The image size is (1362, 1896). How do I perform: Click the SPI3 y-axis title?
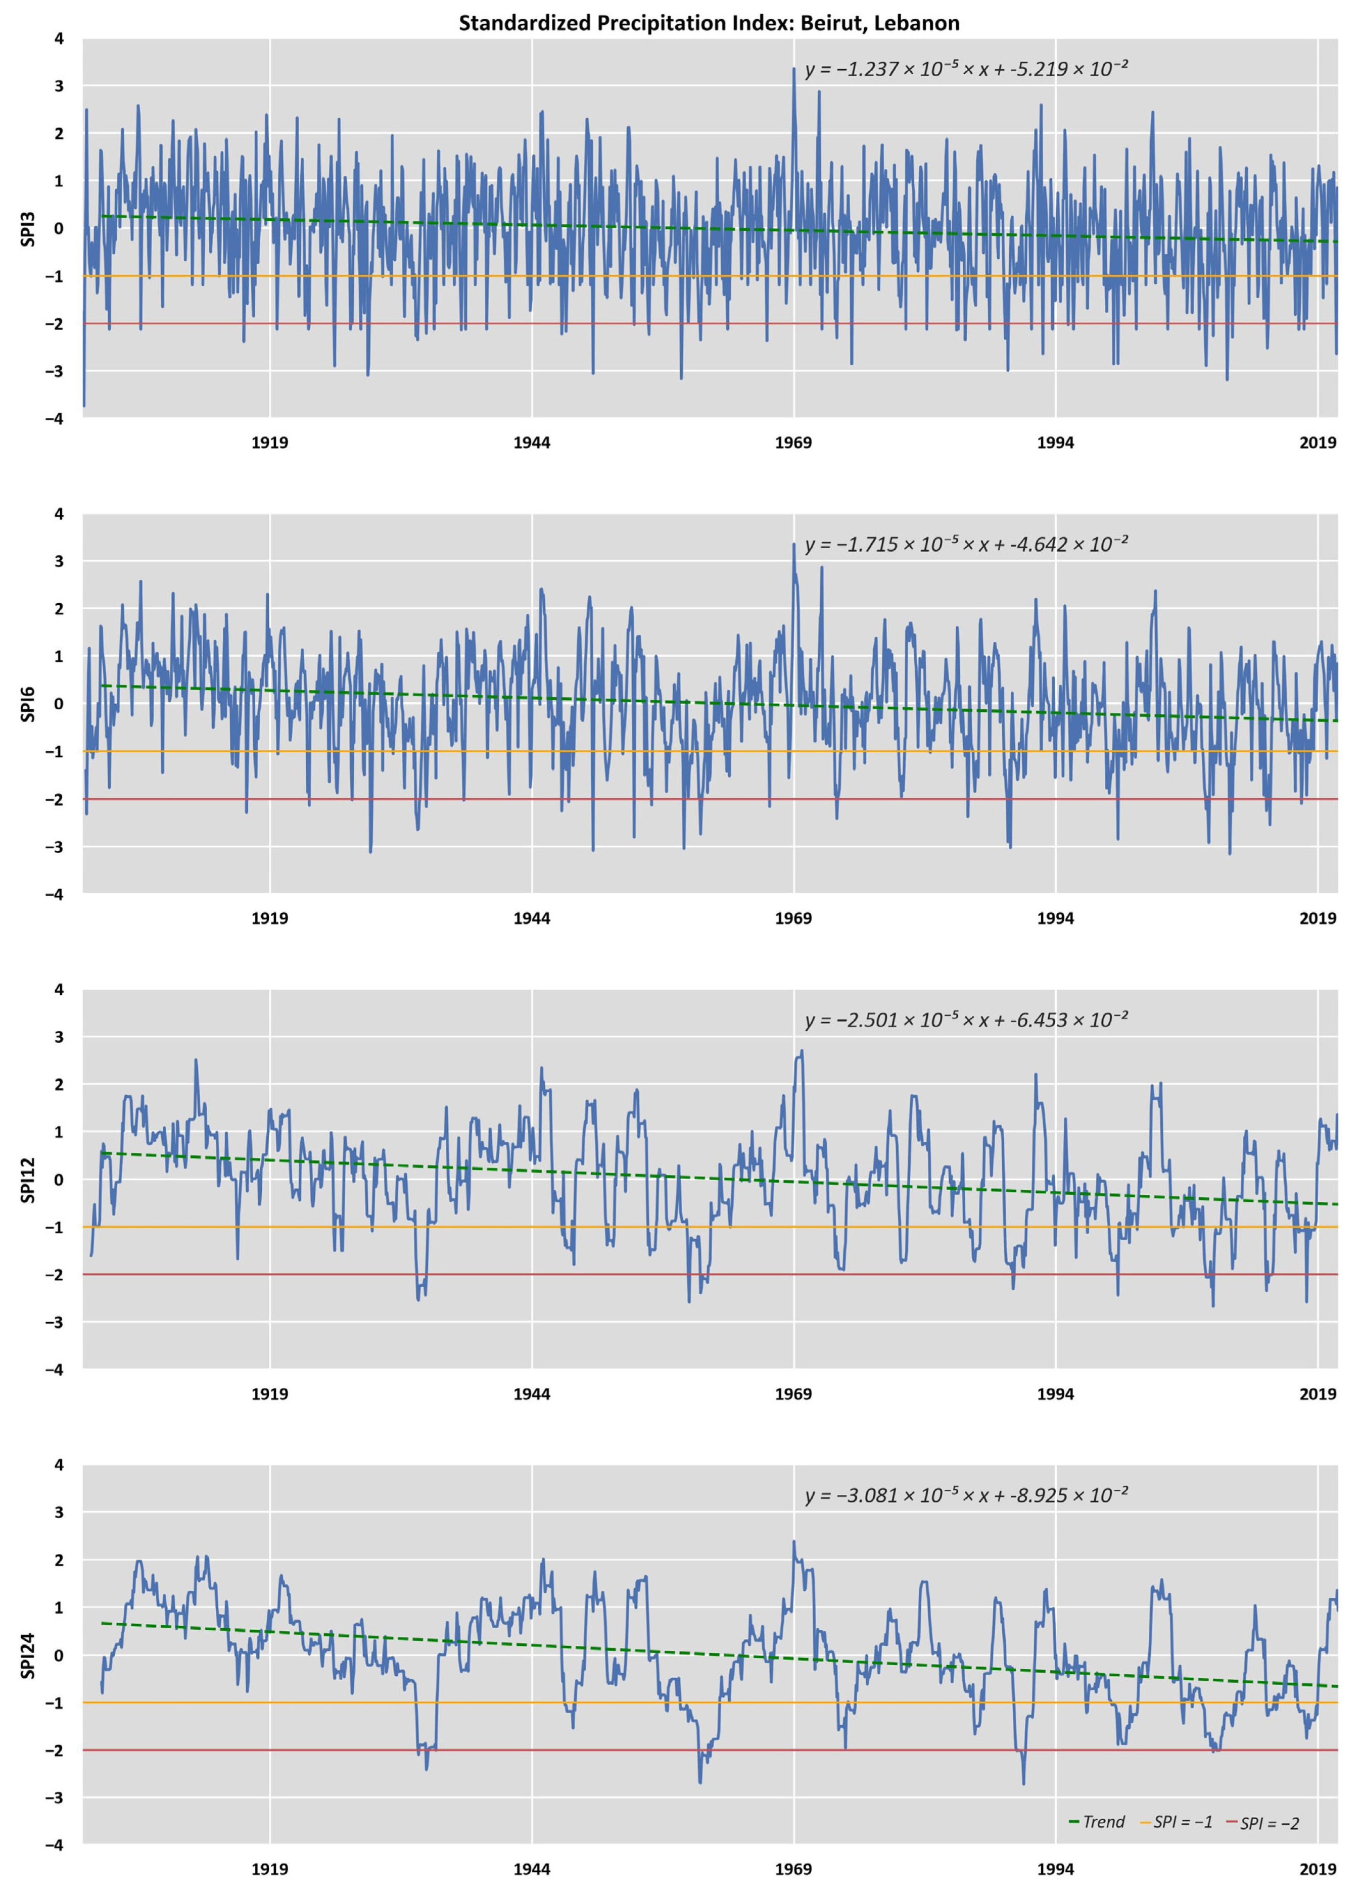tap(28, 229)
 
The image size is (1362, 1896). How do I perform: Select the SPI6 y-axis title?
tap(28, 704)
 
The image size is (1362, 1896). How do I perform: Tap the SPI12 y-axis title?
tap(28, 1180)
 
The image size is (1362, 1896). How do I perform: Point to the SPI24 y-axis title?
tap(28, 1655)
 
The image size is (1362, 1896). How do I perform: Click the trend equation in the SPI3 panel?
tap(966, 69)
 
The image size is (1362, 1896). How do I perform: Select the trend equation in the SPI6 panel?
tap(966, 544)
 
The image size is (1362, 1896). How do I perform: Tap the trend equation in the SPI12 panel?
tap(966, 1020)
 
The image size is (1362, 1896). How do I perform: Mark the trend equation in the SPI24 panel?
tap(966, 1495)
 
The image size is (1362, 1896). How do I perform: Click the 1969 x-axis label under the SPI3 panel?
tap(792, 443)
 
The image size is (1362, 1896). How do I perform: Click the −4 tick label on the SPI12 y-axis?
tap(55, 1369)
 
